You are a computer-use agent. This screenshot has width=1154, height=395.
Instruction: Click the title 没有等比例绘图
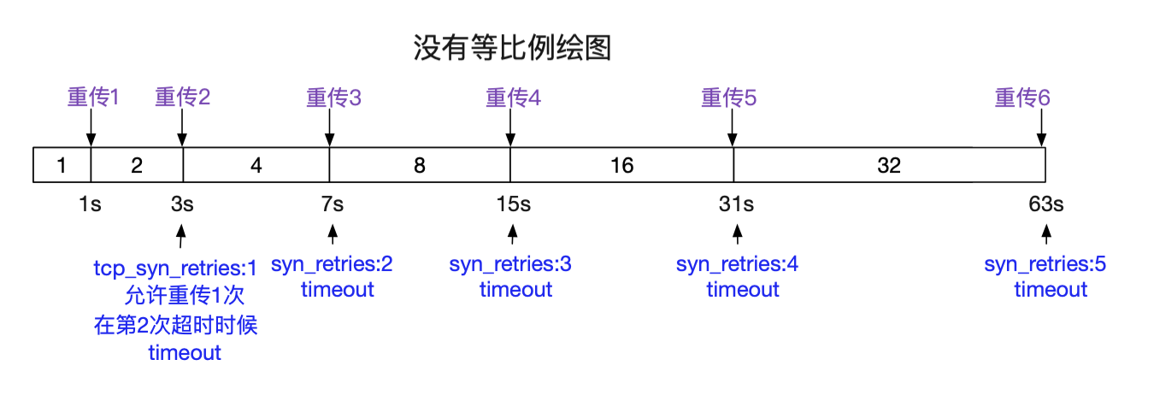click(x=512, y=49)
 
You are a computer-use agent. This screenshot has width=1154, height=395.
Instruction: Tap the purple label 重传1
click(x=92, y=97)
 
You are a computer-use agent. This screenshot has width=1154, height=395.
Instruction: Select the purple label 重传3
click(x=333, y=97)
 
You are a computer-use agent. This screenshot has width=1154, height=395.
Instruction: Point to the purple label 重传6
click(x=1022, y=97)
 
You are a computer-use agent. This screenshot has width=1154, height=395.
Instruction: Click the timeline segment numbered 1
click(x=61, y=165)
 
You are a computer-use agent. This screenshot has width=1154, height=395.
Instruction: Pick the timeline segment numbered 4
click(x=256, y=165)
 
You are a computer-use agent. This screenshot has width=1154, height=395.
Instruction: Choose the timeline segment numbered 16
click(x=621, y=165)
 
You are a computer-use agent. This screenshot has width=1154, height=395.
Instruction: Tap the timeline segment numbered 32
click(x=889, y=165)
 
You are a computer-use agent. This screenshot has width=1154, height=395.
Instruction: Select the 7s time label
click(x=333, y=204)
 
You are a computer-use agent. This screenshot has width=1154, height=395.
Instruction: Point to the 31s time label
click(x=736, y=204)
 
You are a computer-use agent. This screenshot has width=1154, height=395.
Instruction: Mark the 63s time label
click(x=1046, y=204)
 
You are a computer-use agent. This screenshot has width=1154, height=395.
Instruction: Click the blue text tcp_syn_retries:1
click(x=174, y=268)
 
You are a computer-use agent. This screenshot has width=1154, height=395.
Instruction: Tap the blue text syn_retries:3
click(x=510, y=264)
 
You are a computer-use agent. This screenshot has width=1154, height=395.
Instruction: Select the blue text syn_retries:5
click(x=1045, y=264)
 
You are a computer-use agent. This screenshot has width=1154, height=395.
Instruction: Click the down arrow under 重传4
click(x=510, y=130)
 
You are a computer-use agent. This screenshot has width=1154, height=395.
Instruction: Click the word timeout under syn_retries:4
click(x=742, y=290)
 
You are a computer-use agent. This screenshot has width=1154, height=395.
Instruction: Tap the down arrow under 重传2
click(x=181, y=130)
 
